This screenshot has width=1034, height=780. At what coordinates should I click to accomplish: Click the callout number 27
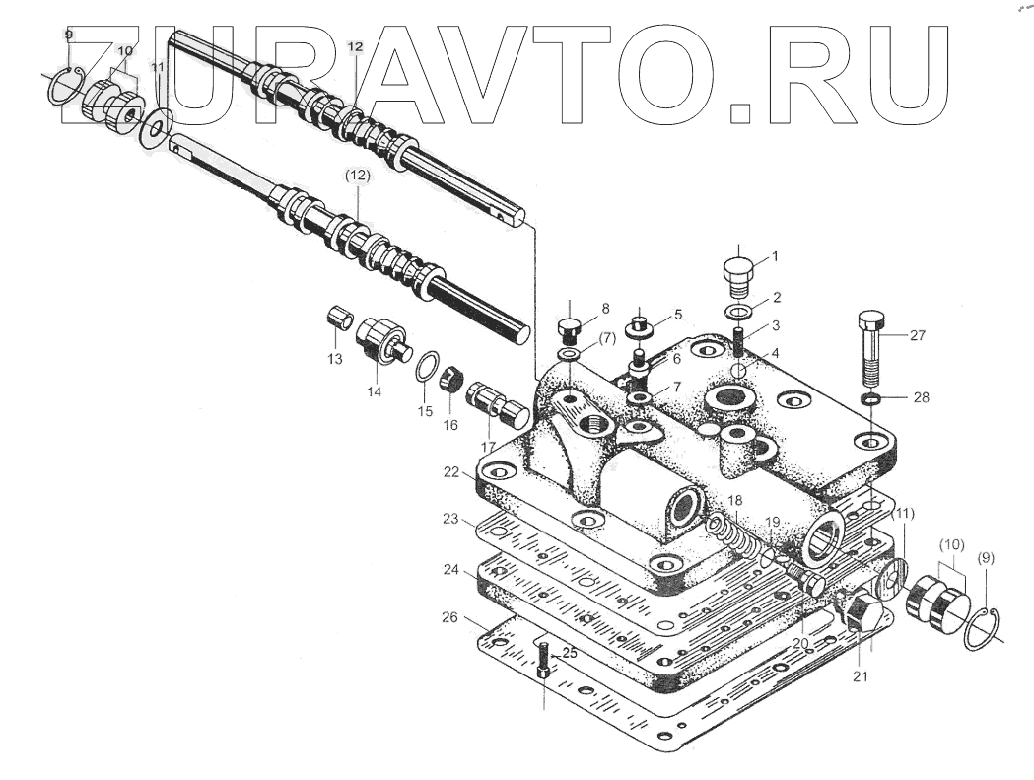pyautogui.click(x=918, y=335)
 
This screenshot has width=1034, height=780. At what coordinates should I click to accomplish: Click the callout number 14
pyautogui.click(x=375, y=391)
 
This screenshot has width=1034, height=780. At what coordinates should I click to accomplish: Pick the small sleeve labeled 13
pyautogui.click(x=340, y=319)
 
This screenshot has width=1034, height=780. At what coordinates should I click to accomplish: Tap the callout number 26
pyautogui.click(x=449, y=618)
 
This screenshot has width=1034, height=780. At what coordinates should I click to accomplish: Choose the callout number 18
pyautogui.click(x=736, y=501)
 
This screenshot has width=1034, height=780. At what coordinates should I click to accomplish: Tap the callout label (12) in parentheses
pyautogui.click(x=357, y=175)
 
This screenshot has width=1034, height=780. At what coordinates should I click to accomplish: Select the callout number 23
pyautogui.click(x=449, y=519)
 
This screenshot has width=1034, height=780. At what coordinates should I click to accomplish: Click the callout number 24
pyautogui.click(x=449, y=569)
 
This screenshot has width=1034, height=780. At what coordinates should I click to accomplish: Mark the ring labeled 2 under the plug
pyautogui.click(x=736, y=313)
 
